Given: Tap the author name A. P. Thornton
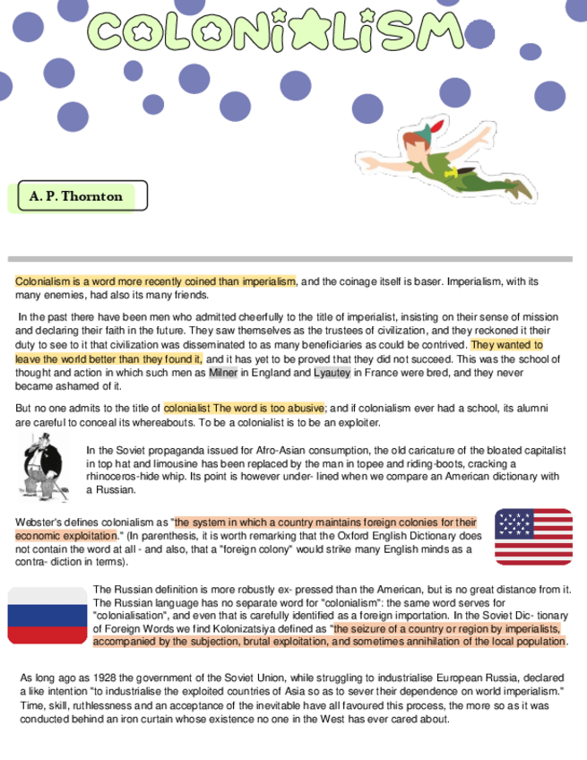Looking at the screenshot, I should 76,195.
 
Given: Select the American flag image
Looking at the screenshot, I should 533,536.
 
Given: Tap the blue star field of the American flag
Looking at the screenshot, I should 514,523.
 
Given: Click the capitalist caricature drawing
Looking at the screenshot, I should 44,466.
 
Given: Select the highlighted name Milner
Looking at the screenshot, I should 223,373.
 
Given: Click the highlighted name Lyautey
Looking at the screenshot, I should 332,373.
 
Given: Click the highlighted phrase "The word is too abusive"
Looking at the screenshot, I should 268,409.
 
